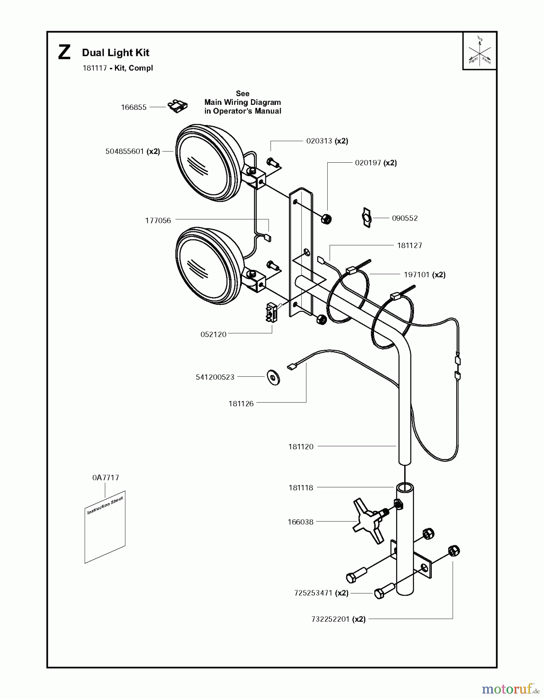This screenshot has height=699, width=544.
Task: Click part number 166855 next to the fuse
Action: pyautogui.click(x=134, y=107)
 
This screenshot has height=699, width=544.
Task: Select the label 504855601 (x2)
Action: pyautogui.click(x=132, y=151)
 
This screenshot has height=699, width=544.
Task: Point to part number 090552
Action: pyautogui.click(x=405, y=218)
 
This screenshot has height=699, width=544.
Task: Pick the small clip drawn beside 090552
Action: pyautogui.click(x=366, y=218)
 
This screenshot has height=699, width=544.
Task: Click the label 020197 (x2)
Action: pyautogui.click(x=375, y=163)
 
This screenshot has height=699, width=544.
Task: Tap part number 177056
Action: pyautogui.click(x=158, y=221)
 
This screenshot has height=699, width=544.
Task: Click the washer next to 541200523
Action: pyautogui.click(x=274, y=377)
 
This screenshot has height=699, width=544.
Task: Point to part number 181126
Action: pyautogui.click(x=241, y=404)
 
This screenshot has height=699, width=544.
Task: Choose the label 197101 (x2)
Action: pyautogui.click(x=424, y=275)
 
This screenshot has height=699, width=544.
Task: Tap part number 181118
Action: pyautogui.click(x=301, y=488)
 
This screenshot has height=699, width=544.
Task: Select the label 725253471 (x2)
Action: pyautogui.click(x=321, y=593)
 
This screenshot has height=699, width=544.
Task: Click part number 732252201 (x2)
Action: pyautogui.click(x=338, y=619)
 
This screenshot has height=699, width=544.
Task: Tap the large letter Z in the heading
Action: pyautogui.click(x=64, y=53)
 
